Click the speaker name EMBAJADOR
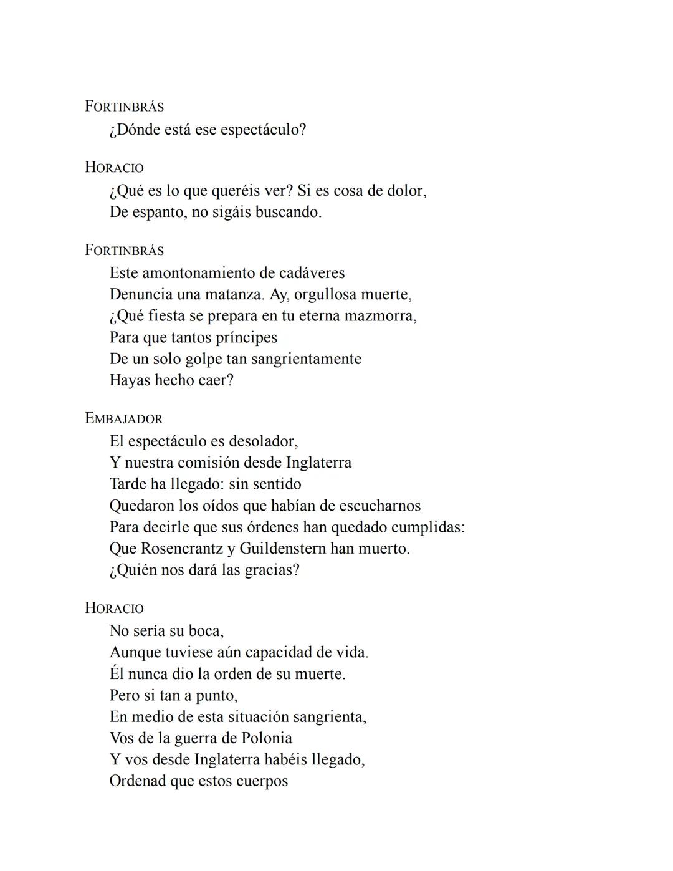[x=124, y=419]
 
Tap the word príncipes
[x=246, y=337]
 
